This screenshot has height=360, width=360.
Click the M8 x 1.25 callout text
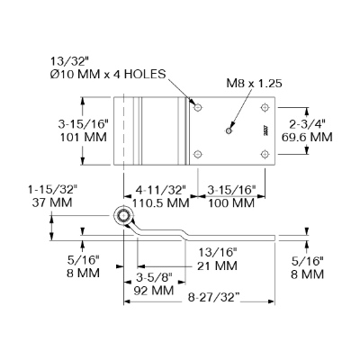(x=254, y=83)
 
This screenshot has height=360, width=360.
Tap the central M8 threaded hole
(x=229, y=130)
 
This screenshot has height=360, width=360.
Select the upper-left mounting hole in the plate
(x=197, y=107)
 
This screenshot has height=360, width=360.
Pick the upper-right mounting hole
(x=265, y=107)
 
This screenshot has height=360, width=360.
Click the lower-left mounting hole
(x=197, y=154)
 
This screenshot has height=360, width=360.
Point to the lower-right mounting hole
(x=265, y=154)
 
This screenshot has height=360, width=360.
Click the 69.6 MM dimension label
(x=307, y=137)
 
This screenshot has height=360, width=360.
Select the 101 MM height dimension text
(x=84, y=137)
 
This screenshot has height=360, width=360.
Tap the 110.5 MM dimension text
(x=161, y=203)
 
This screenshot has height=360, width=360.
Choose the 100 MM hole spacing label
(x=231, y=203)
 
